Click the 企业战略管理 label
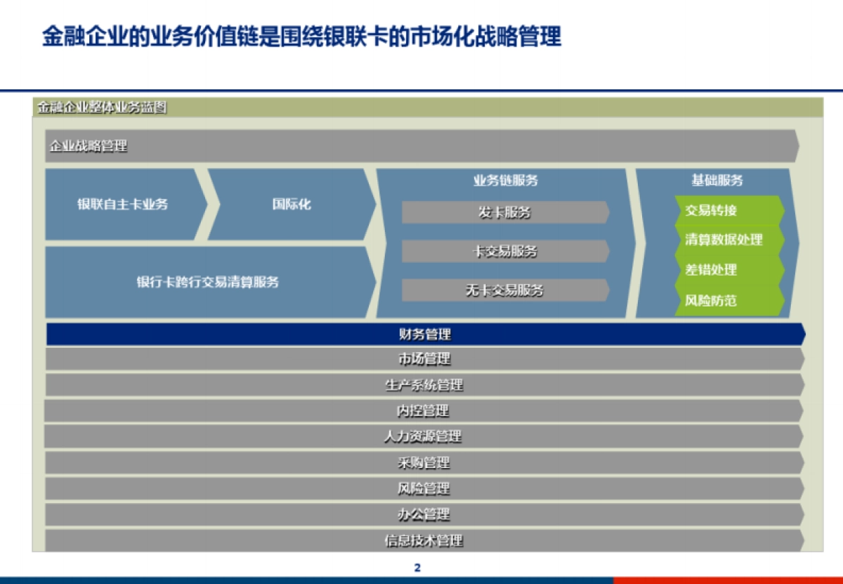point(89,146)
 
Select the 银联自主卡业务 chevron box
point(123,205)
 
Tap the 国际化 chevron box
point(292,205)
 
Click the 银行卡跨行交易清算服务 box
point(208,282)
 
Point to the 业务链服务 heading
point(505,180)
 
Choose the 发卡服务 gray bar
point(504,212)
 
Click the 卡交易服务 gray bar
point(504,251)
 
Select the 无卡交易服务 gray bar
point(504,290)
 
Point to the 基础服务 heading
point(717,180)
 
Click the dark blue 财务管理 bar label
point(424,335)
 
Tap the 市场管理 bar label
point(424,359)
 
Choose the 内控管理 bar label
point(424,410)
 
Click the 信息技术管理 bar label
point(424,540)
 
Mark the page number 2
point(417,568)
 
